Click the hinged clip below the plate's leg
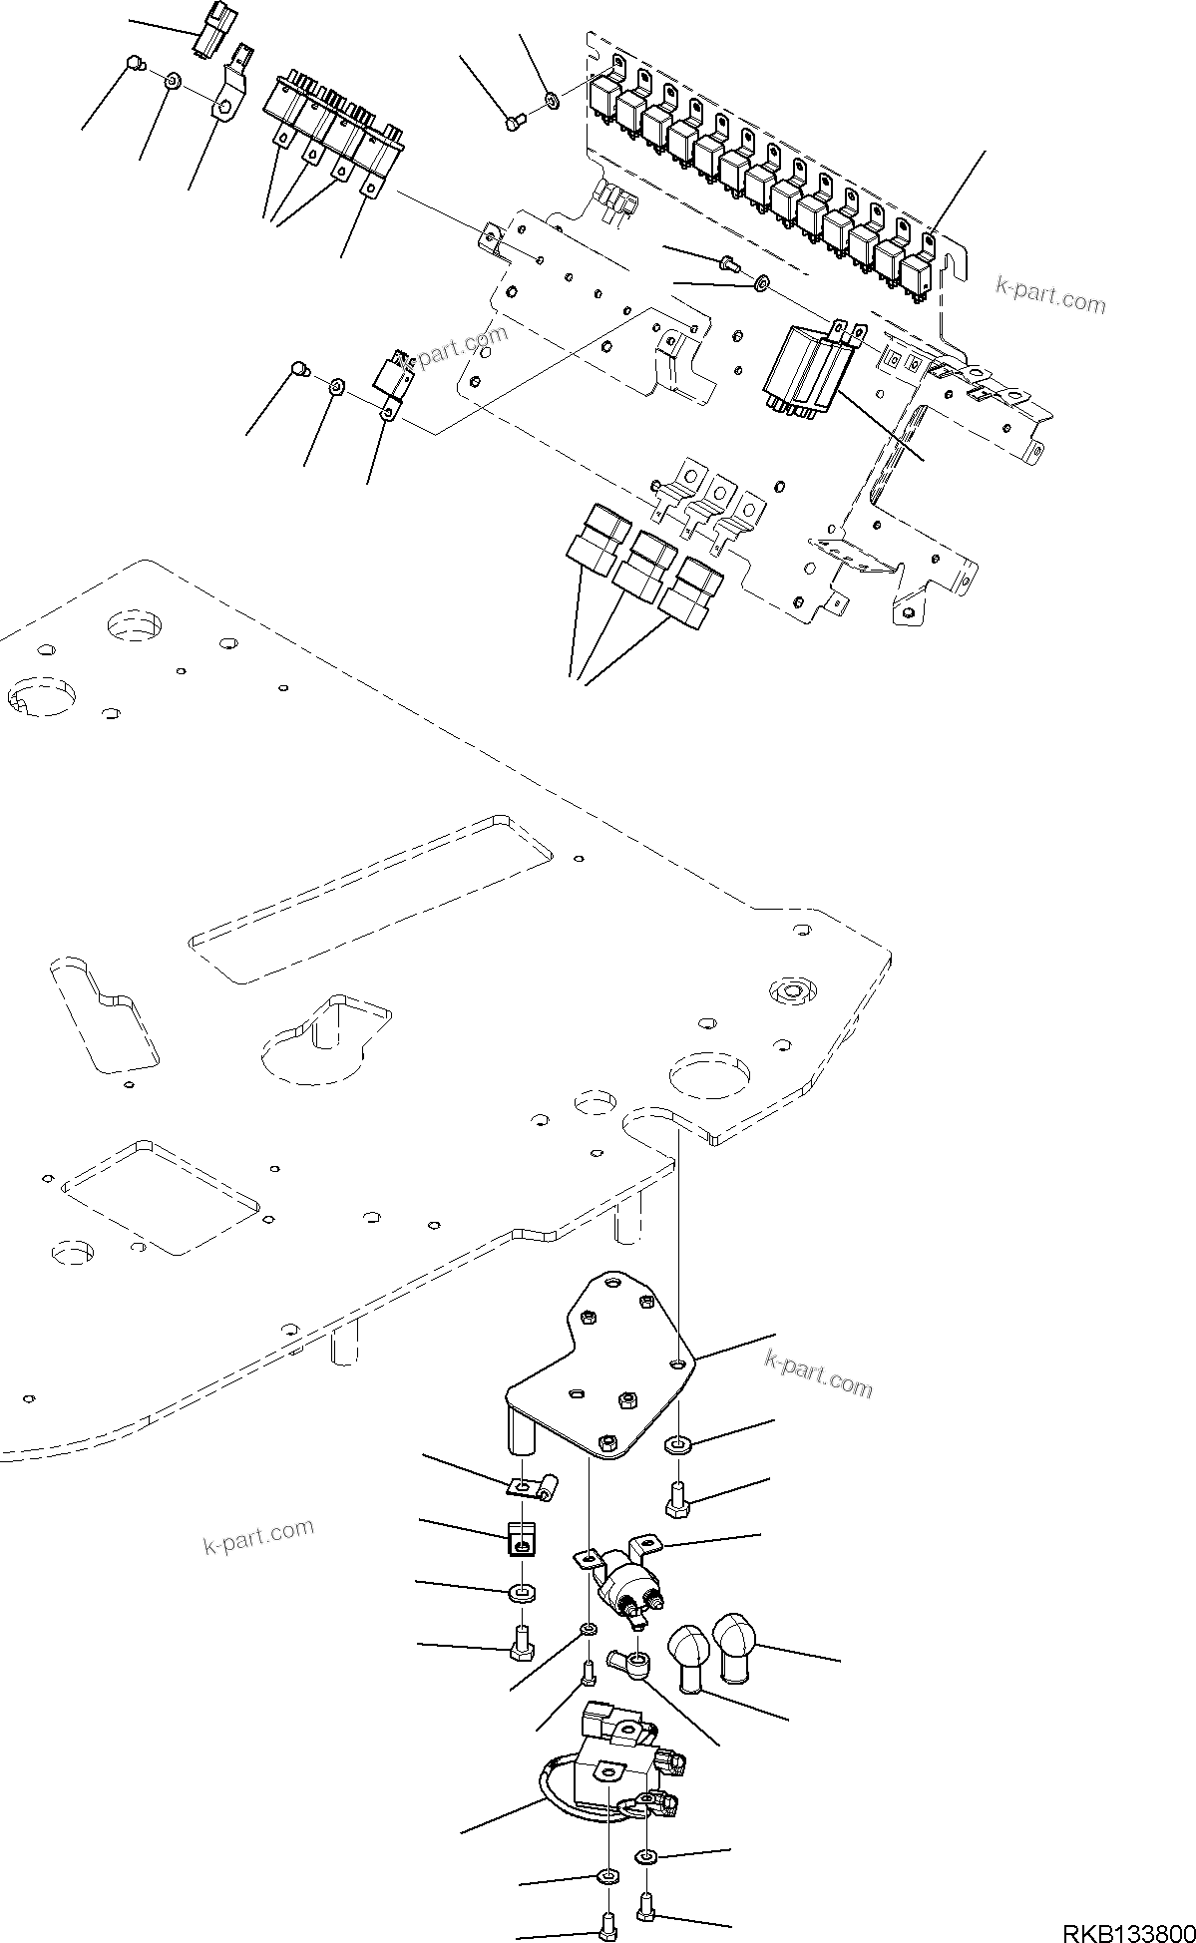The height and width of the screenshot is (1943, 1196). coord(534,1491)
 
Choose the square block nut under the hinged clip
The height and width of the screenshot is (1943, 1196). coord(520,1541)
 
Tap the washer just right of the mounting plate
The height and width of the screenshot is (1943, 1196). coord(677,1444)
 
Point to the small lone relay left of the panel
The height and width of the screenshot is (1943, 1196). coord(391,377)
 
